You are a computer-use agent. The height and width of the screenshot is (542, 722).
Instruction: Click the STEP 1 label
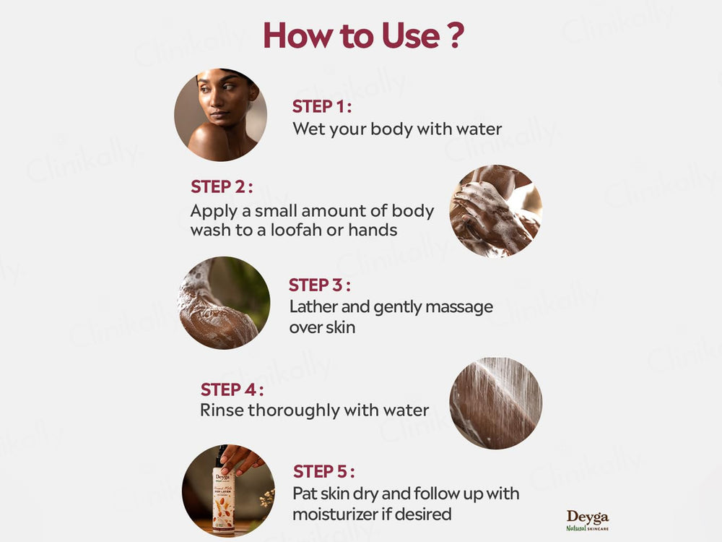[321, 107]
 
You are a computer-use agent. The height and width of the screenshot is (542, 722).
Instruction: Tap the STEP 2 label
[222, 186]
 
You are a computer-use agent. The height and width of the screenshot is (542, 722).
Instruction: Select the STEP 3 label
[320, 285]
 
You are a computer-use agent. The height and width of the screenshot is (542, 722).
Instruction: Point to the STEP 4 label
[232, 390]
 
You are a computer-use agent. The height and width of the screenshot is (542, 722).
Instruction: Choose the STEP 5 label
[323, 472]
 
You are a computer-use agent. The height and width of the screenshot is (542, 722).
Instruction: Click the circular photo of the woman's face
[220, 115]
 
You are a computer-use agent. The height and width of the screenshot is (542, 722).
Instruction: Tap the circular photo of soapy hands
[495, 210]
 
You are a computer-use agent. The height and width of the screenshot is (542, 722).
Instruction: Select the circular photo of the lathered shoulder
[224, 304]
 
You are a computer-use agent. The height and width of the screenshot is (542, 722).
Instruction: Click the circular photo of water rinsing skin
[496, 403]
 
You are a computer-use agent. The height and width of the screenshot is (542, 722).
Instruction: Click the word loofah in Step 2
[316, 231]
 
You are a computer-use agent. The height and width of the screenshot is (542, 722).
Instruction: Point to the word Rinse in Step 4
[222, 410]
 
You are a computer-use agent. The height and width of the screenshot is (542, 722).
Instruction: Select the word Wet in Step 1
[306, 129]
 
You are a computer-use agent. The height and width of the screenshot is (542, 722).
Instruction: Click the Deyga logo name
[587, 517]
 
